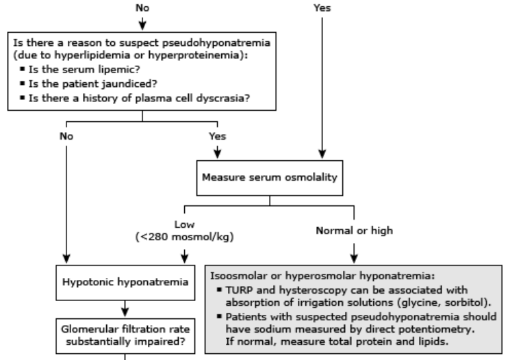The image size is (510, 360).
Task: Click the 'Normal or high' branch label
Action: (355, 231)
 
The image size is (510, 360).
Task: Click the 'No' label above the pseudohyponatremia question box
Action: (142, 8)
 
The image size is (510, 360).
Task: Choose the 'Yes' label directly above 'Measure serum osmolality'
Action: (216, 136)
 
